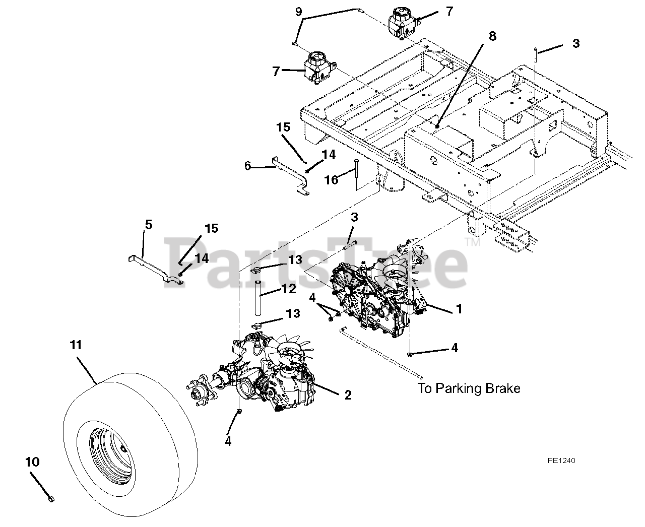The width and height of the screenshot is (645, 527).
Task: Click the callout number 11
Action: pos(76,345)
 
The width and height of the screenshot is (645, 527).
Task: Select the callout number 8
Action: pos(492,36)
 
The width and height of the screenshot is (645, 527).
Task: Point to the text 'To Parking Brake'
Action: pos(469,388)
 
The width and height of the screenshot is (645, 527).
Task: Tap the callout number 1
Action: pos(459,308)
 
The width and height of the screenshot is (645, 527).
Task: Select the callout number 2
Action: pos(348,396)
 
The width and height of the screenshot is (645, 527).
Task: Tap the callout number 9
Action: pos(299,11)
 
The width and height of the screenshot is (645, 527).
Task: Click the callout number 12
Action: pos(289,289)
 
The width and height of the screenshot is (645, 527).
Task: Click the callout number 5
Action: pos(148,224)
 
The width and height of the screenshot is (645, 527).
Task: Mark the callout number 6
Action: pos(247,165)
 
